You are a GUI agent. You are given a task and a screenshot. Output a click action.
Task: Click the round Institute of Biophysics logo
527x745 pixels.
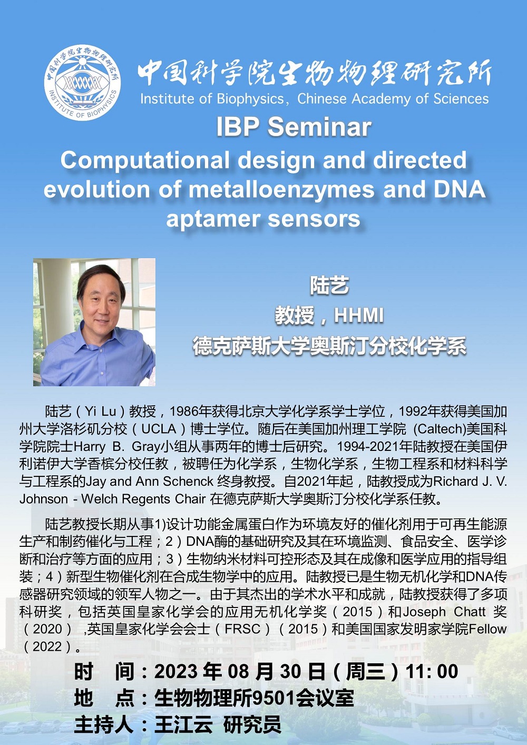click(83, 83)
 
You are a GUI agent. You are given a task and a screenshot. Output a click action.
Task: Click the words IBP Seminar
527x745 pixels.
click(294, 127)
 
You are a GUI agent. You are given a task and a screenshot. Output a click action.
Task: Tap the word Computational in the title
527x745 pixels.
click(147, 161)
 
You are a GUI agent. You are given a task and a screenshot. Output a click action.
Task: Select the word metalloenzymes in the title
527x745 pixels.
click(281, 190)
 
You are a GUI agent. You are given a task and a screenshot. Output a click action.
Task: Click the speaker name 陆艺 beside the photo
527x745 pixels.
click(329, 286)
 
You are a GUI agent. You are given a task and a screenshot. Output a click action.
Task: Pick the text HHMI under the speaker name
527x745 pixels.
click(359, 315)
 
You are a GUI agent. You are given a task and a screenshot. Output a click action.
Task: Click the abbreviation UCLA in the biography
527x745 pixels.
click(159, 429)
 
